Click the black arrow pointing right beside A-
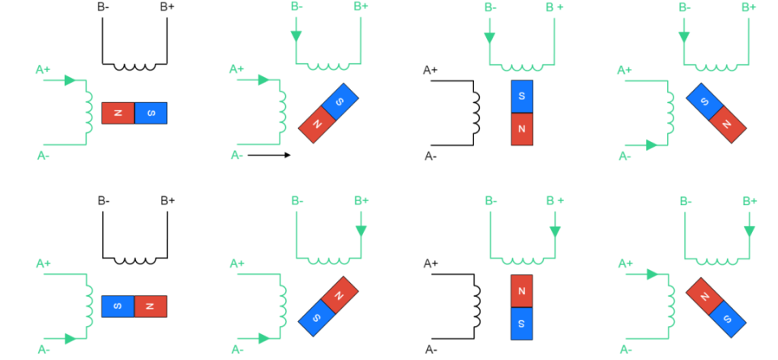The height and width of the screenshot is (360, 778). coord(269,154)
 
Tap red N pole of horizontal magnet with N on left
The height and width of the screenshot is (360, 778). coord(118,113)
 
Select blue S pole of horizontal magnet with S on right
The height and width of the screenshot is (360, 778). coord(151,113)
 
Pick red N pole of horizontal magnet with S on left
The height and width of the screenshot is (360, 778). coord(151,306)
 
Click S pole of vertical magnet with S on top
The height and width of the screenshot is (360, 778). coord(522,96)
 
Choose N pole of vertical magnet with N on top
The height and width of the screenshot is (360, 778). coord(522,290)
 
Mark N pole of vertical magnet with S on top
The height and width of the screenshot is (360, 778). coord(522,129)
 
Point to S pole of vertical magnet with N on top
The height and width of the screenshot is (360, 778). coord(522,323)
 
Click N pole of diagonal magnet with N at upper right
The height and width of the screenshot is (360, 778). coord(336,289)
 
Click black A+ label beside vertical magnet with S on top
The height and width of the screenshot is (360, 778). coord(430,70)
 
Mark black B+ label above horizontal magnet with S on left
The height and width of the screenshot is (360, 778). coord(168,200)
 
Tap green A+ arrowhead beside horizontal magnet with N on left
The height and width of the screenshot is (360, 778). coord(71,80)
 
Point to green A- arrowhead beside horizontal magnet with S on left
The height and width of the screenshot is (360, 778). coord(71,338)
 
